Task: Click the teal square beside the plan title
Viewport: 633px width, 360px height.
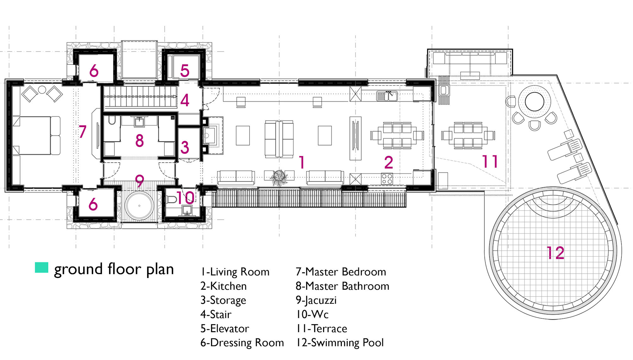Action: coord(41,268)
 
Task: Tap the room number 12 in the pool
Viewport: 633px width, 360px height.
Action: coord(555,253)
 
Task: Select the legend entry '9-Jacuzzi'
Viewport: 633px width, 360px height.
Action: coord(316,300)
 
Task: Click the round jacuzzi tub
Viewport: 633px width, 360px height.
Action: coord(139,206)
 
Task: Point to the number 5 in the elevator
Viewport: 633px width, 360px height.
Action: coord(185,71)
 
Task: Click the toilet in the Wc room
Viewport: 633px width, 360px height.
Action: coord(172,199)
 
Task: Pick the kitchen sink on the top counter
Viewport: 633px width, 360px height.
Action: coord(387,96)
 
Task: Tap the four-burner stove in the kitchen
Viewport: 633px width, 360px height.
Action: coord(387,179)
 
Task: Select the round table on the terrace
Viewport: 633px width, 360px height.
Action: coord(535,102)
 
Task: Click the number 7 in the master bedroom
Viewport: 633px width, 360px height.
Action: coord(82,131)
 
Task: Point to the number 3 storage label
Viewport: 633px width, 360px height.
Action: coord(185,148)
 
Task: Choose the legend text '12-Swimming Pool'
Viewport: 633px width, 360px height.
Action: coord(340,343)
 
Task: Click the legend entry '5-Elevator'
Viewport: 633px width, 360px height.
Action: coord(225,329)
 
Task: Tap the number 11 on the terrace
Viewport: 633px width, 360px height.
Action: coord(490,161)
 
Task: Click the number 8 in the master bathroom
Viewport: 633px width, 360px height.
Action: coord(140,141)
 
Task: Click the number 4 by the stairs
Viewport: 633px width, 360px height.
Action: coord(185,100)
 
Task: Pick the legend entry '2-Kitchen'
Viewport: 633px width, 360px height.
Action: coord(223,286)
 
